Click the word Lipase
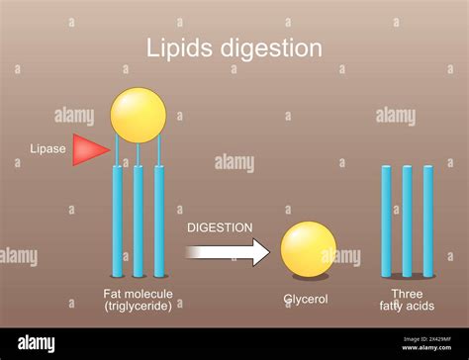pyautogui.click(x=48, y=149)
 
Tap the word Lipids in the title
pyautogui.click(x=178, y=48)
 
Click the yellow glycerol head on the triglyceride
pyautogui.click(x=139, y=115)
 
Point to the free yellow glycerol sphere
pyautogui.click(x=309, y=248)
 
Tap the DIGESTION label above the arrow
pyautogui.click(x=220, y=226)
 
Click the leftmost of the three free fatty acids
pyautogui.click(x=386, y=221)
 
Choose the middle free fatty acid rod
pyautogui.click(x=407, y=221)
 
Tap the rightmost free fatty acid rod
pyautogui.click(x=428, y=221)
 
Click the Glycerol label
pyautogui.click(x=306, y=300)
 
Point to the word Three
pyautogui.click(x=406, y=294)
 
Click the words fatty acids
pyautogui.click(x=406, y=307)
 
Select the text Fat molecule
pyautogui.click(x=138, y=294)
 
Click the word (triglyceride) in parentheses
pyautogui.click(x=138, y=307)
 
